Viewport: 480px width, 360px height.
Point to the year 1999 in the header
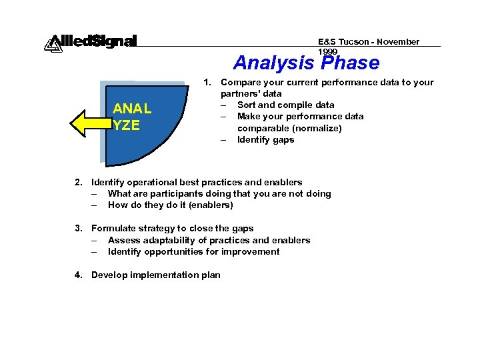[328, 51]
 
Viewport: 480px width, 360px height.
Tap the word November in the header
[399, 41]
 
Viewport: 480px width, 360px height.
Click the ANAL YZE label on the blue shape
[132, 117]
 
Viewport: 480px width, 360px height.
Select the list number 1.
[208, 83]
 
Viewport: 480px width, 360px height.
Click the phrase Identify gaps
[265, 139]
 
